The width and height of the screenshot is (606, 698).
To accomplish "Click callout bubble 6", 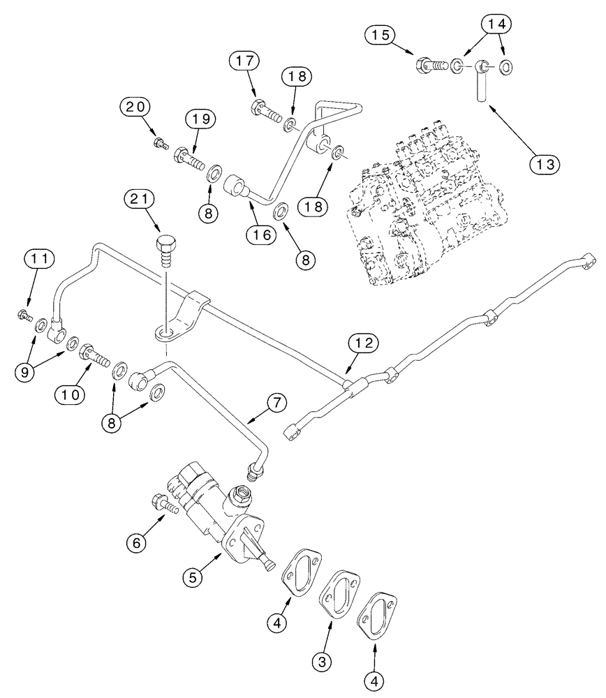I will pos(134,541).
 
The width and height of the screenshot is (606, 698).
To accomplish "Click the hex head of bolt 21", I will pos(165,246).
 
